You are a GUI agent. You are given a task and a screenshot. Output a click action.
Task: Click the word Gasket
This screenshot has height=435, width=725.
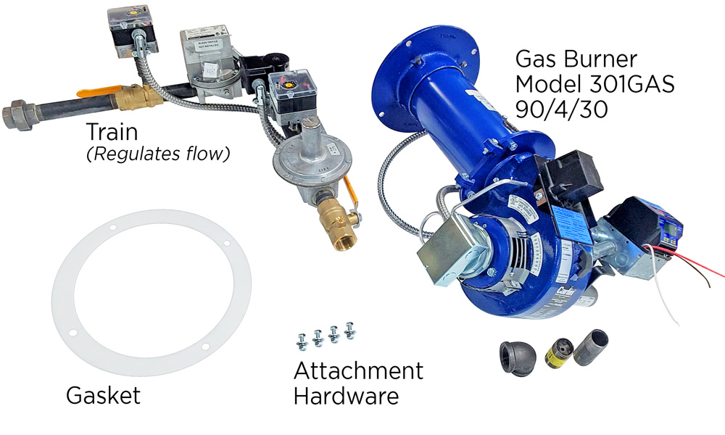point(103,396)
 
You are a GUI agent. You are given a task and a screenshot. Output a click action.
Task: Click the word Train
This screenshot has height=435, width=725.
point(114,133)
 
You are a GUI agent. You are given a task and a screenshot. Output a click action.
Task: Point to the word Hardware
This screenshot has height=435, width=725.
point(346,397)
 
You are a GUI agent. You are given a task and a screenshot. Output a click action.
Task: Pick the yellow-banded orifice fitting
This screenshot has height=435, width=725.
point(558,350)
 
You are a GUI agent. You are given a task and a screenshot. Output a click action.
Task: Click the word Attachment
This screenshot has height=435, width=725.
point(358,371)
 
